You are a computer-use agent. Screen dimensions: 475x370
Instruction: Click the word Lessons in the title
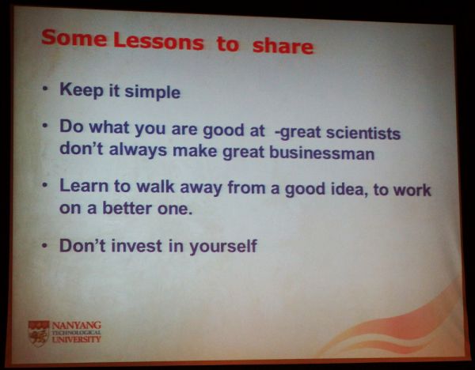point(159,41)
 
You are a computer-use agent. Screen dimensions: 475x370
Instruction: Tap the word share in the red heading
point(283,46)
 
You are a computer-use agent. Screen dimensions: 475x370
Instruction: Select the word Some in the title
point(74,37)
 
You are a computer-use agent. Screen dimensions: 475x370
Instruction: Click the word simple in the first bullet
point(152,92)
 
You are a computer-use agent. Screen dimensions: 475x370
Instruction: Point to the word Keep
point(82,89)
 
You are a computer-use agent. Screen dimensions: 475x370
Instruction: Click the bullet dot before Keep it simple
point(45,89)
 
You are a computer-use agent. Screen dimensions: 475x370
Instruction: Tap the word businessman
point(322,152)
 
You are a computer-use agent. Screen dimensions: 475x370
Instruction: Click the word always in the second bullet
point(138,150)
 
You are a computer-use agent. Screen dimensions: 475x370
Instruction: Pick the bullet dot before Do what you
point(45,125)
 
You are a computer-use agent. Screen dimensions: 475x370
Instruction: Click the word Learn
point(84,186)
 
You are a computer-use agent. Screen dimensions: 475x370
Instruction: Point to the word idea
point(348,190)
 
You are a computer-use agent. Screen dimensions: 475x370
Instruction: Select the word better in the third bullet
point(127,208)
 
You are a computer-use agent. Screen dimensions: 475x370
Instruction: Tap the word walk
point(155,187)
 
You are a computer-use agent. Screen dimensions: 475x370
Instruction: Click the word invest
point(137,245)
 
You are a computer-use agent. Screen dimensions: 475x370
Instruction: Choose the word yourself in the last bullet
point(223,246)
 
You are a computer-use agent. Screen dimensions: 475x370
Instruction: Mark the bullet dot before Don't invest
point(45,245)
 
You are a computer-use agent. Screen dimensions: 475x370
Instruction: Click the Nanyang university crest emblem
point(39,334)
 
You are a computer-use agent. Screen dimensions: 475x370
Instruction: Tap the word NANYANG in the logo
point(77,326)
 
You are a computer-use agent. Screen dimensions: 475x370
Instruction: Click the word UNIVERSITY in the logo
point(76,339)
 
